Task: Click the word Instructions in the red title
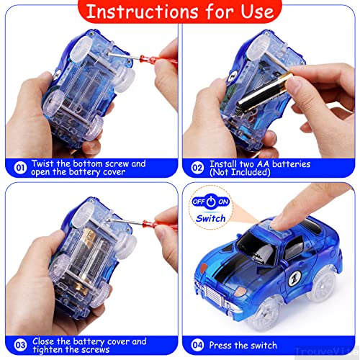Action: (x=142, y=12)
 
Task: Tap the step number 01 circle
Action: (x=20, y=168)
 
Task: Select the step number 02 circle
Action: (x=197, y=168)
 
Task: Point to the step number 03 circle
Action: (x=20, y=345)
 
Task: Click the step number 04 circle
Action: (x=197, y=345)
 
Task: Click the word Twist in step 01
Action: (x=42, y=163)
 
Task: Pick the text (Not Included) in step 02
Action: (x=240, y=172)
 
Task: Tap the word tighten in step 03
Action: (x=48, y=349)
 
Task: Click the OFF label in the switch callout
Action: (x=199, y=202)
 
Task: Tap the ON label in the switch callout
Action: (x=223, y=202)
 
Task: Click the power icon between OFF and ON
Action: (x=211, y=202)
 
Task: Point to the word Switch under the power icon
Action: (x=210, y=218)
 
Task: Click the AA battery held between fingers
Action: (x=265, y=91)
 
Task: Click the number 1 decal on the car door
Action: (x=294, y=279)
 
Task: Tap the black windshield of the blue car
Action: (x=257, y=250)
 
